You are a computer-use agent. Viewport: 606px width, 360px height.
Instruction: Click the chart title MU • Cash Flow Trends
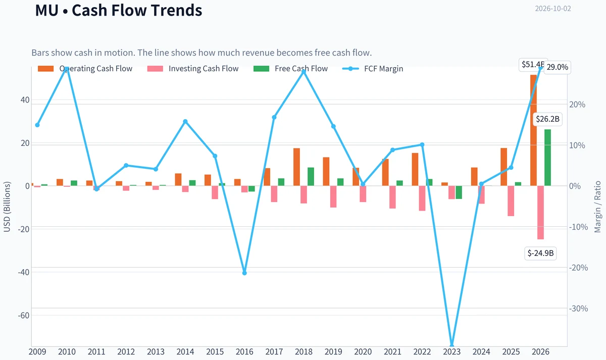(x=119, y=10)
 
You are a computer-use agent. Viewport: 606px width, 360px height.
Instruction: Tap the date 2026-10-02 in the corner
(x=552, y=9)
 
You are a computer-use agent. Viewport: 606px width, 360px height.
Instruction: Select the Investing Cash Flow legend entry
(x=193, y=69)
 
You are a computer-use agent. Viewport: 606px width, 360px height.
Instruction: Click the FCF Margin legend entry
(x=373, y=69)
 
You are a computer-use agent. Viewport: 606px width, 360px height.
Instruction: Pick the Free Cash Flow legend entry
(x=290, y=69)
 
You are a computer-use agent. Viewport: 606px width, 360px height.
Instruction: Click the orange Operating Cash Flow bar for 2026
(x=533, y=130)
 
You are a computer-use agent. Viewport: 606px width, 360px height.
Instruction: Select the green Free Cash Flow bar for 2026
(x=547, y=158)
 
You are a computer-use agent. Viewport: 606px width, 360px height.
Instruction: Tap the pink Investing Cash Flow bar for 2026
(x=540, y=213)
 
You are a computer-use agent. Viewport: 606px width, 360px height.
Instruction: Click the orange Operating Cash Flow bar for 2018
(x=296, y=167)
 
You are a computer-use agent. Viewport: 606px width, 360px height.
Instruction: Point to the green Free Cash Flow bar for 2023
(x=459, y=192)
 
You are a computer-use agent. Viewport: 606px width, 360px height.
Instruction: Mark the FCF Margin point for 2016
(x=244, y=273)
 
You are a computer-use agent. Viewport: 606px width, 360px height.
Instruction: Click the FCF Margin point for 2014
(x=185, y=122)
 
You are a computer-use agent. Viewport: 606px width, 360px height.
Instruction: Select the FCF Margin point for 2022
(x=422, y=145)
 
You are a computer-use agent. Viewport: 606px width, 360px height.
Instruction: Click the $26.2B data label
(x=547, y=119)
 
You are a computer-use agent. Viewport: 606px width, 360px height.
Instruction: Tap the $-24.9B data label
(x=540, y=253)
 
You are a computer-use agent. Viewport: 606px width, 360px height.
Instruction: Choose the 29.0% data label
(x=558, y=67)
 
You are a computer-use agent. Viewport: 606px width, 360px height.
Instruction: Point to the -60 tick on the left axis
(x=24, y=316)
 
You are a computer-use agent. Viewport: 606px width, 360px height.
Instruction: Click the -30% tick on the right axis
(x=579, y=308)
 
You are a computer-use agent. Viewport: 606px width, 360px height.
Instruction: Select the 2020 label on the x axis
(x=363, y=352)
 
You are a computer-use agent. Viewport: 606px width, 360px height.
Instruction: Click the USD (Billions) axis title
(x=7, y=207)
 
